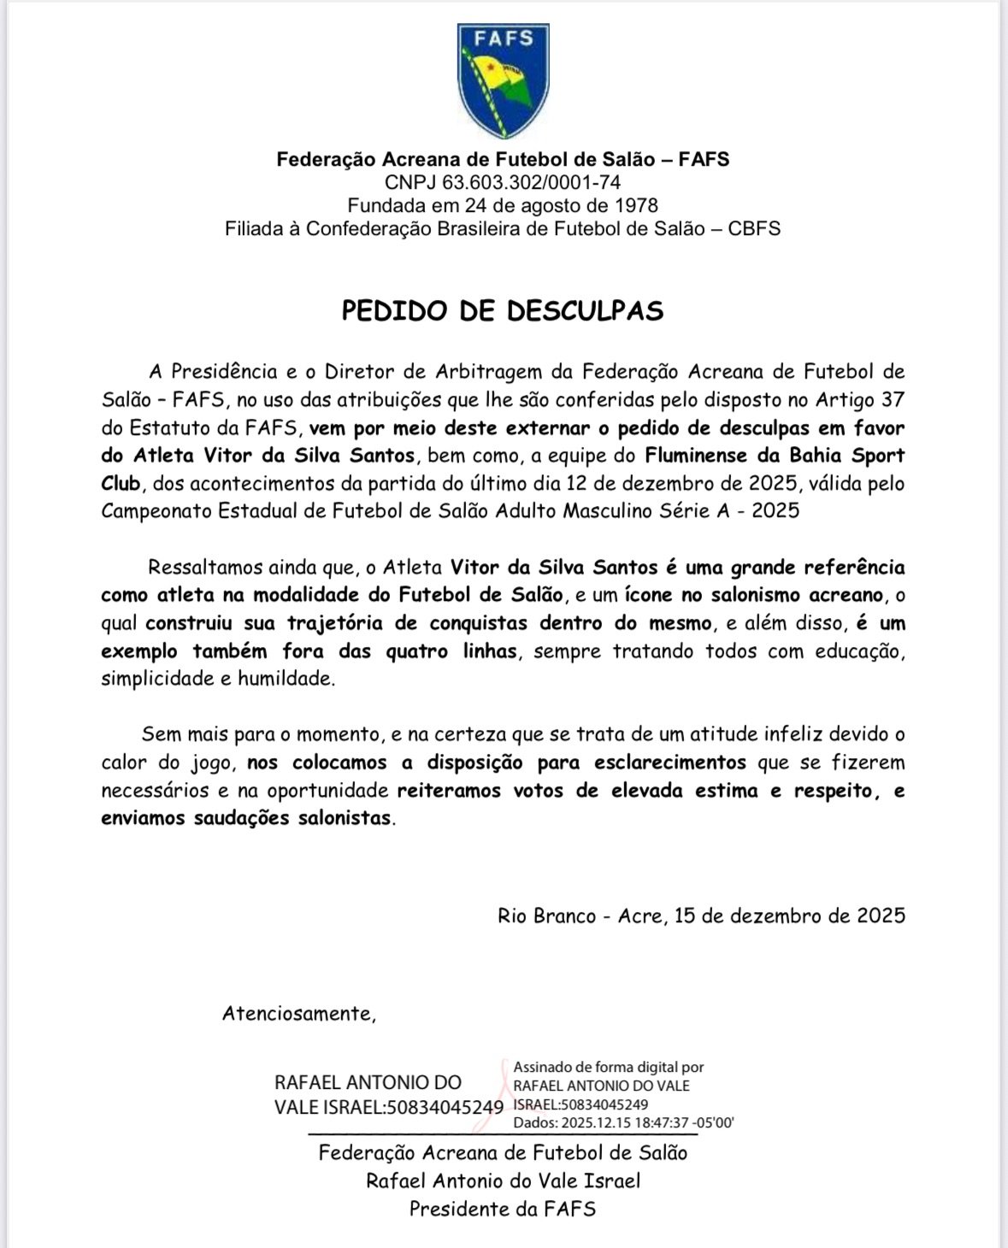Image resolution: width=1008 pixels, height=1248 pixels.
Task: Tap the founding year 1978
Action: pyautogui.click(x=637, y=205)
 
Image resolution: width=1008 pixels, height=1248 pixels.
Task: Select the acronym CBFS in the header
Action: pyautogui.click(x=753, y=228)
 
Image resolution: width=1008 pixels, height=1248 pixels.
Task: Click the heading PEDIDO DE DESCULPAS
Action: pyautogui.click(x=503, y=310)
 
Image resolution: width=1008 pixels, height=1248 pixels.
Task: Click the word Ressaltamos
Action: pyautogui.click(x=205, y=568)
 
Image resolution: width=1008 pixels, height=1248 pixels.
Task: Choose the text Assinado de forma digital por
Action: pyautogui.click(x=608, y=1067)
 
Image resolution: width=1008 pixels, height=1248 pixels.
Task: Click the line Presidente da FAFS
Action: pyautogui.click(x=503, y=1209)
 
